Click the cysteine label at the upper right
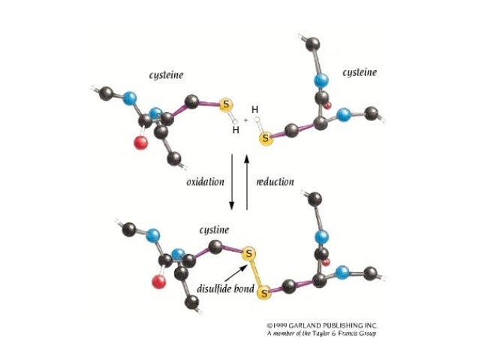point(360,72)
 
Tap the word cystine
point(214,229)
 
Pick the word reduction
point(275,182)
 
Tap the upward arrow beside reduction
point(246,180)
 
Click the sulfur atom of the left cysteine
point(226,105)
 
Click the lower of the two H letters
point(236,130)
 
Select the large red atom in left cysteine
point(140,143)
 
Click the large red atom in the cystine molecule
point(158,283)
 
